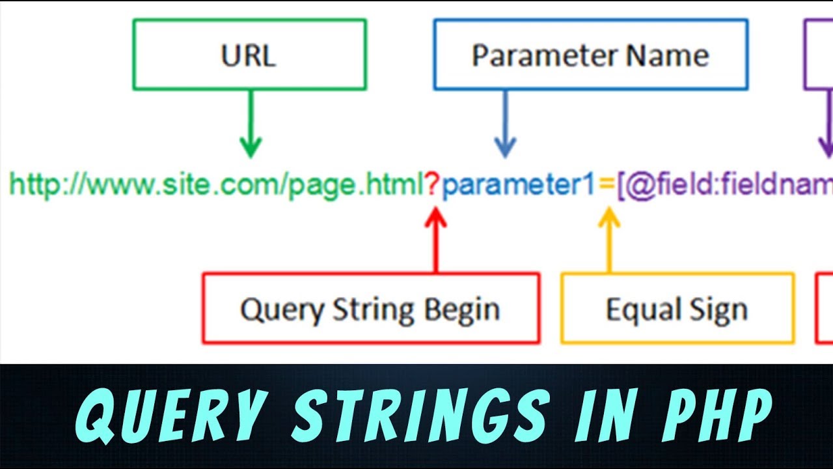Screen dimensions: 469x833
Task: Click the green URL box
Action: click(x=249, y=54)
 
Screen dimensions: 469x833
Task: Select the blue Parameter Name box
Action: click(x=590, y=54)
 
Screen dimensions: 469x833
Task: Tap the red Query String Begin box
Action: click(x=370, y=308)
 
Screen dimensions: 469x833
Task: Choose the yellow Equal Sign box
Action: click(x=677, y=308)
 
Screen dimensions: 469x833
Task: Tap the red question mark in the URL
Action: click(x=433, y=186)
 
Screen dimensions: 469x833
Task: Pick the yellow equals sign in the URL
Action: click(x=607, y=186)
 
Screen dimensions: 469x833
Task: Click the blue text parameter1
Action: click(x=519, y=186)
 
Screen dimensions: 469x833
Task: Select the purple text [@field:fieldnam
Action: click(x=724, y=186)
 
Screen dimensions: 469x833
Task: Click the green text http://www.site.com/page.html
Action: click(x=217, y=186)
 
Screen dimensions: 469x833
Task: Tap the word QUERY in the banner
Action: click(x=172, y=416)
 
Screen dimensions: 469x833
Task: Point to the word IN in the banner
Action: click(x=599, y=416)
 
